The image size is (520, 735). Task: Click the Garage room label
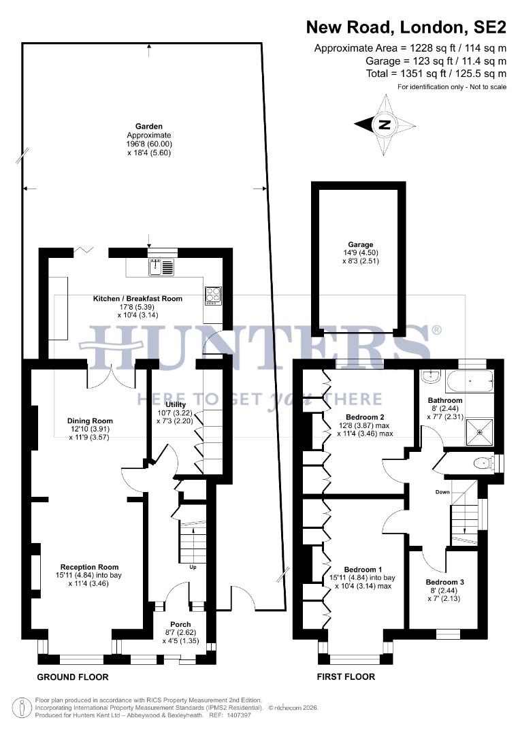click(358, 244)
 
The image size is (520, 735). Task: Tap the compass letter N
click(385, 125)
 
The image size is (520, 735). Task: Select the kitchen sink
click(162, 267)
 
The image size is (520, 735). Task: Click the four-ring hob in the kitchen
click(212, 295)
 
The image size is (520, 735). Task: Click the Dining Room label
click(90, 420)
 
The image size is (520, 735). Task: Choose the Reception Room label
click(89, 567)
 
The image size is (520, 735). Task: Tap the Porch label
click(180, 624)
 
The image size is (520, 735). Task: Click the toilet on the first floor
click(483, 463)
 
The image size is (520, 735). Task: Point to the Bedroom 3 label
click(444, 582)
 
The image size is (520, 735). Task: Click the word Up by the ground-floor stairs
click(193, 566)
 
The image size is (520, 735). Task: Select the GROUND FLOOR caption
click(72, 677)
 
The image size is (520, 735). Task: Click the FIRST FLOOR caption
click(346, 677)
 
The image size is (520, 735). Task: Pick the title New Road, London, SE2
click(406, 27)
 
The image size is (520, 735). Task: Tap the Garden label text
click(148, 126)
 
